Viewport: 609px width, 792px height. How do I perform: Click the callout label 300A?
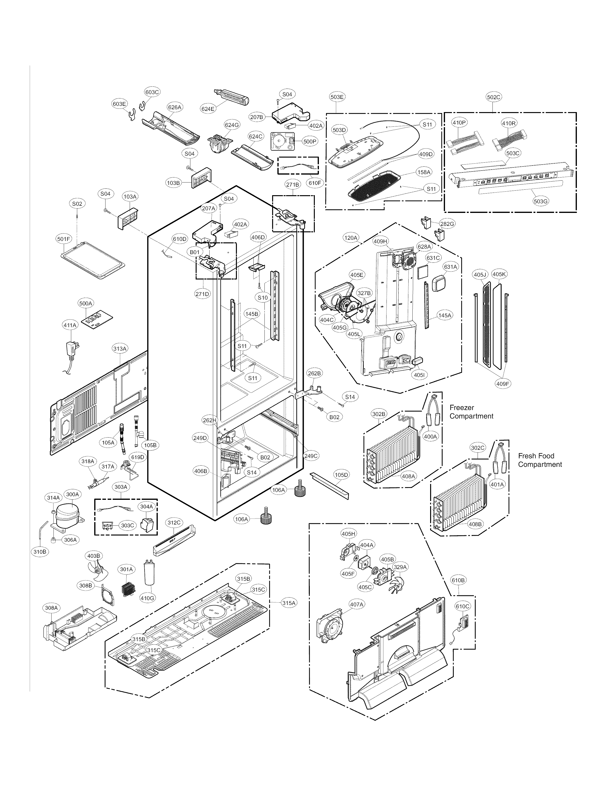click(x=72, y=494)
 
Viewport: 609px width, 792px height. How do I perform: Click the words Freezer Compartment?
click(x=471, y=412)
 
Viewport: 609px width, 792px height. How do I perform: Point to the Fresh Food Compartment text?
click(x=539, y=460)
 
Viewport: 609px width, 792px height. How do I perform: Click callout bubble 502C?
click(x=493, y=97)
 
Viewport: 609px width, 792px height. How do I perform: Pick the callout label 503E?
click(x=337, y=97)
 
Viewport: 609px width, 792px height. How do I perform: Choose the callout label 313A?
click(x=120, y=348)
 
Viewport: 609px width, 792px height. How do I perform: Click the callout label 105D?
click(x=341, y=474)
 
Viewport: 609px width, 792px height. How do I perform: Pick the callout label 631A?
click(x=451, y=267)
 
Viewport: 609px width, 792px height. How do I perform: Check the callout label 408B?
click(x=475, y=524)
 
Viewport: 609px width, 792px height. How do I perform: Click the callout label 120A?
click(x=351, y=238)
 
